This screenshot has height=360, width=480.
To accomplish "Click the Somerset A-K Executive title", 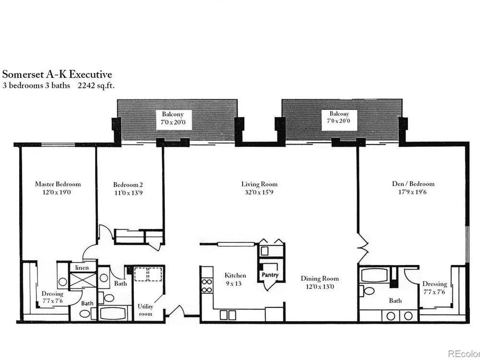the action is click(57, 74).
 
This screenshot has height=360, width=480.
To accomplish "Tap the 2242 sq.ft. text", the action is click(96, 85).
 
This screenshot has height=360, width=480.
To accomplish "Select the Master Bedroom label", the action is click(58, 184).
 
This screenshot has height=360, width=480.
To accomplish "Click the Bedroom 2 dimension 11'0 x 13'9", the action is click(128, 193).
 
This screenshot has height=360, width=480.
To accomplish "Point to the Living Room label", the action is click(259, 184).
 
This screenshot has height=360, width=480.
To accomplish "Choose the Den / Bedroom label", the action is click(413, 184).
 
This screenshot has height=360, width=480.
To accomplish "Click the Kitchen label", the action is click(235, 275).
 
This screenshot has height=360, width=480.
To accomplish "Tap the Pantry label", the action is click(270, 275).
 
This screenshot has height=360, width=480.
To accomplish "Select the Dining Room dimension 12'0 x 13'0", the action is click(320, 287).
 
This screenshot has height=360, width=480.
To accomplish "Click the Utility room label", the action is click(145, 310).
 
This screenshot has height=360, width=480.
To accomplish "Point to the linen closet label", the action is click(82, 267).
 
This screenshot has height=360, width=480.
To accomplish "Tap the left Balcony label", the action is click(173, 114).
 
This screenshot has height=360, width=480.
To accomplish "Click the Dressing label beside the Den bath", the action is click(435, 284).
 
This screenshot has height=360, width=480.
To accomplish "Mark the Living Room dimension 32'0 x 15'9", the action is click(259, 192).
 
